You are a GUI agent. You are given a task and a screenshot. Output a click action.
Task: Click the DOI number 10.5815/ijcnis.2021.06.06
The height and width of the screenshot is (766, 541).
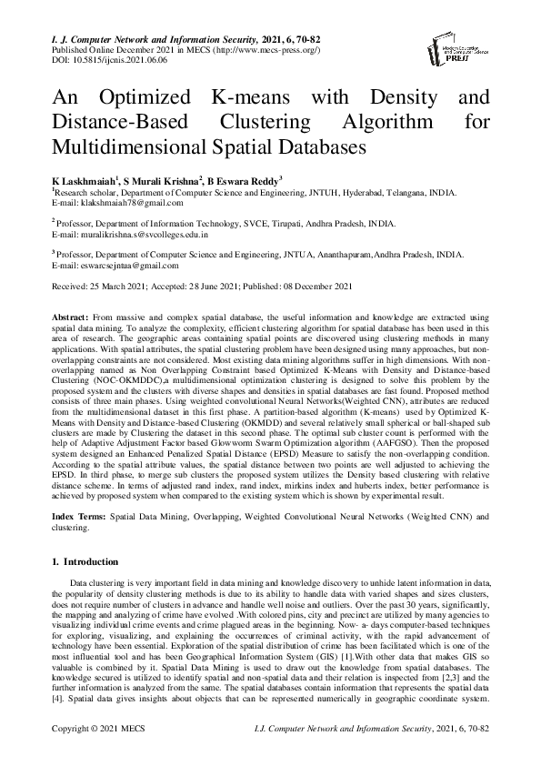[x=119, y=59]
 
